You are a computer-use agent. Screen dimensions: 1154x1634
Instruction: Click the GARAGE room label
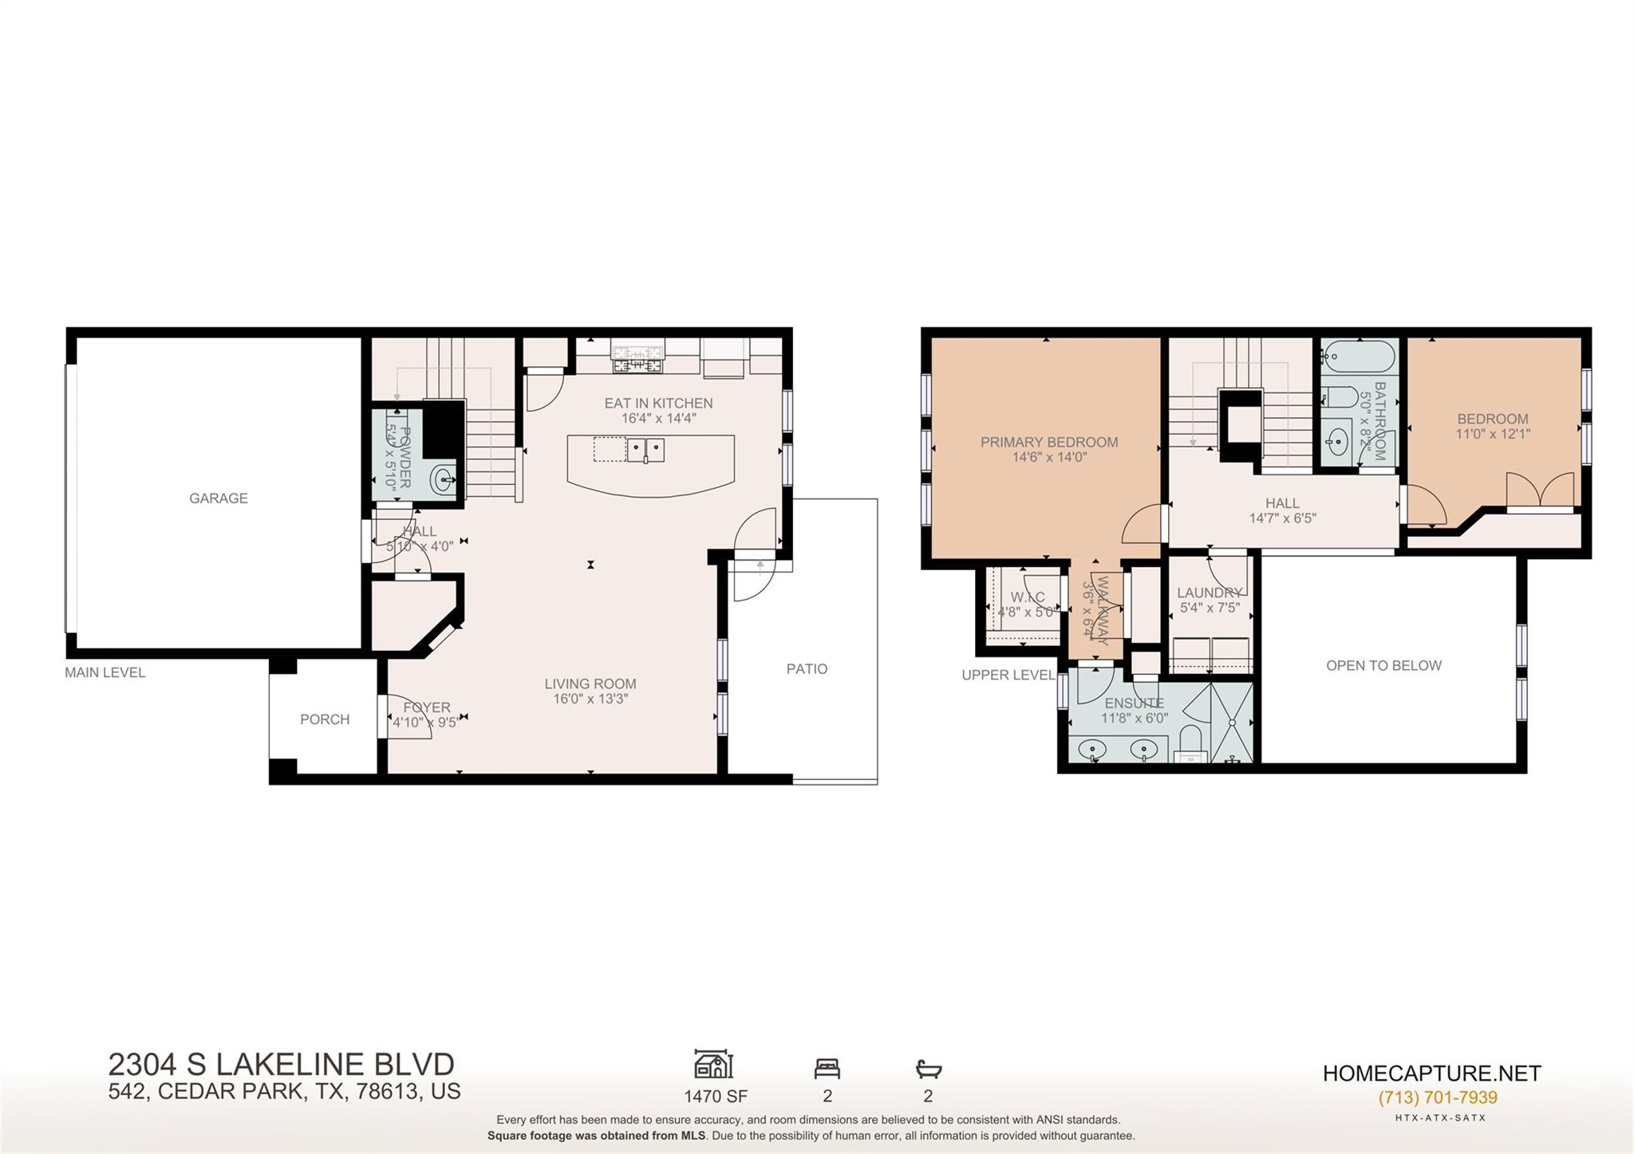(x=218, y=498)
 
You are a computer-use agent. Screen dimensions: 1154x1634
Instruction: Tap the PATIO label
(x=807, y=669)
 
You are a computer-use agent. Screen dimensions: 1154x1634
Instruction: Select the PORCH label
(x=325, y=719)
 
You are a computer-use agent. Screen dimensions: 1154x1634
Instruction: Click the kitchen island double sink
(x=645, y=450)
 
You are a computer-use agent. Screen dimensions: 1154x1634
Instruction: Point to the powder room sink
(x=444, y=480)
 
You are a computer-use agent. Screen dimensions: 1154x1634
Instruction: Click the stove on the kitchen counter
(x=637, y=356)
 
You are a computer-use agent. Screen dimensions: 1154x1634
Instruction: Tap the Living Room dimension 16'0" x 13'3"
(x=590, y=699)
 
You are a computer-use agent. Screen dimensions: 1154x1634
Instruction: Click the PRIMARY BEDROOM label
(x=1048, y=442)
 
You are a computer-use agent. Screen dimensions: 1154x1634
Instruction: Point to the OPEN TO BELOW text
(x=1383, y=666)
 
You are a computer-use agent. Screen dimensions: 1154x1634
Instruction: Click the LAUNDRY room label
(x=1210, y=593)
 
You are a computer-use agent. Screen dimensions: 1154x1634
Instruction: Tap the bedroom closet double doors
(x=1540, y=490)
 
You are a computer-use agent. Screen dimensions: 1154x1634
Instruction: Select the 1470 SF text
(x=715, y=1097)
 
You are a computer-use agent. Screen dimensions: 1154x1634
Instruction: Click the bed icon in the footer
(x=827, y=1068)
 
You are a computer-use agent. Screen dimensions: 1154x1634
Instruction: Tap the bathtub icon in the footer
(x=928, y=1068)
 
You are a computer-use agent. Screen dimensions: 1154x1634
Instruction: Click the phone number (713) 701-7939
(x=1438, y=1097)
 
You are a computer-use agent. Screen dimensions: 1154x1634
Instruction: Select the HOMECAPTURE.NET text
(x=1431, y=1073)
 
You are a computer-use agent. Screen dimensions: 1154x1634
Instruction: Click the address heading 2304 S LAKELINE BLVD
(x=281, y=1065)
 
